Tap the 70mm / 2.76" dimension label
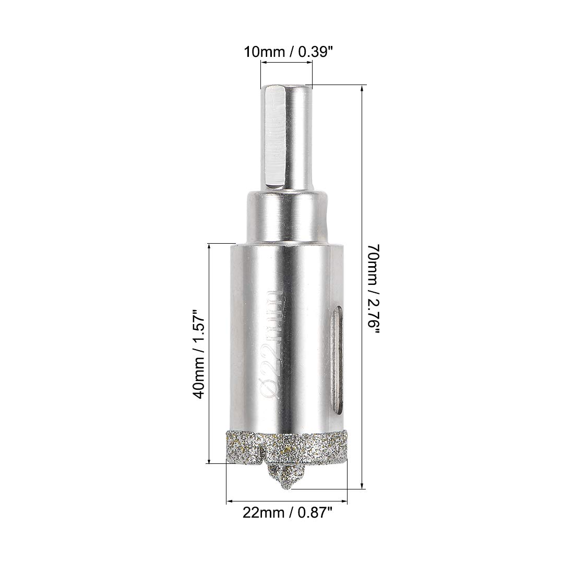[374, 289]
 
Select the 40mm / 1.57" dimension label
[199, 354]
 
